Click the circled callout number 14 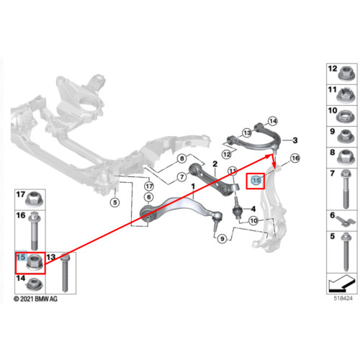pos(273,121)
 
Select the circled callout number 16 pos(295,158)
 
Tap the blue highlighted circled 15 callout pos(256,180)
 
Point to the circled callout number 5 pos(115,202)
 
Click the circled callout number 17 pos(149,186)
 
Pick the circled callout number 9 pos(222,239)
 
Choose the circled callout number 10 pos(253,220)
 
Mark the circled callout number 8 pos(182,158)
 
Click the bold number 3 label pos(295,140)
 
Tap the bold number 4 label pos(253,209)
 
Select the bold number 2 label pos(215,164)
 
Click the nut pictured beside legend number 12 pos(346,73)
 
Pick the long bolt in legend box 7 pos(346,189)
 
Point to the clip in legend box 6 pos(345,221)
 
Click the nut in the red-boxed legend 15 pos(35,263)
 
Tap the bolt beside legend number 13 pos(65,273)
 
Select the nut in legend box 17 pos(35,199)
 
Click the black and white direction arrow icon pos(342,284)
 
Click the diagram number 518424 pos(343,298)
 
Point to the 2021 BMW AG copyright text pos(36,299)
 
